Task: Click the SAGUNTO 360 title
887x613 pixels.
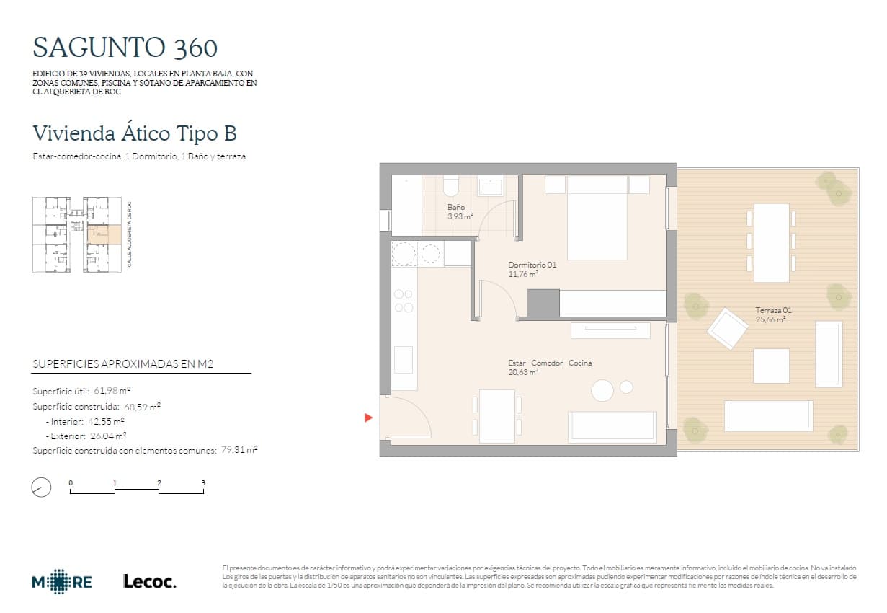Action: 125,48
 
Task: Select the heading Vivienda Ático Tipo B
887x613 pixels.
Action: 135,133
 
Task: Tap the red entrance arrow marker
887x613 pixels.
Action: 368,418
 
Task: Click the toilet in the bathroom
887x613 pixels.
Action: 451,186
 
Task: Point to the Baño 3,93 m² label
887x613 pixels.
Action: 459,211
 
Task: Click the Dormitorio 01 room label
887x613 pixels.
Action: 532,269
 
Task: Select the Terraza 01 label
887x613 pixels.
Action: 773,314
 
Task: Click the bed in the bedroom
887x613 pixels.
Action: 597,217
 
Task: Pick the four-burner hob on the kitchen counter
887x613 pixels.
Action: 404,301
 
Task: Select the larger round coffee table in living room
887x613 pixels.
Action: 602,390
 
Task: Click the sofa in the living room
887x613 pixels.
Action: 612,426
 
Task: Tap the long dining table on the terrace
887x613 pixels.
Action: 771,243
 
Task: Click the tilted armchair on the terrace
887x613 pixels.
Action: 727,328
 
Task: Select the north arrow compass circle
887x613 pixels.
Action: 42,488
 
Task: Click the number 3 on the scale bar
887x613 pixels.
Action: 203,482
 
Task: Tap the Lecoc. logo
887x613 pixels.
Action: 149,582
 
